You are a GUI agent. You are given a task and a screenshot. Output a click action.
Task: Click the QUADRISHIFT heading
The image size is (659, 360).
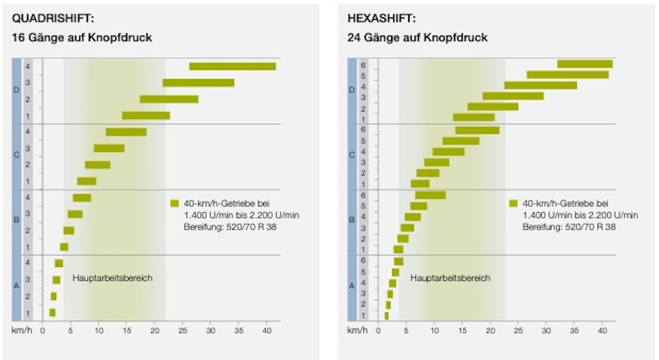[x=53, y=19]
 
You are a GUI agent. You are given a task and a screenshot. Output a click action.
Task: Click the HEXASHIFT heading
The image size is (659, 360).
[x=381, y=19]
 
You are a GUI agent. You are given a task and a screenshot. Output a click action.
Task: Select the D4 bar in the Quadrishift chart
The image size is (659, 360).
[x=232, y=66]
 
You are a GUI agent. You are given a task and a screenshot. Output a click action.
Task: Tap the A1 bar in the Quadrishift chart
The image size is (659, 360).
[x=53, y=312]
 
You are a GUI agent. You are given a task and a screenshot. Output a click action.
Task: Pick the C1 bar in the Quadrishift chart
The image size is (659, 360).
[x=86, y=181]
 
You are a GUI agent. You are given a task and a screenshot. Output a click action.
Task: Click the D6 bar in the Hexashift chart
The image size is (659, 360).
[x=585, y=64]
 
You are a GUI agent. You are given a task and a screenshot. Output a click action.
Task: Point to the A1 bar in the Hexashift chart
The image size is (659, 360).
[x=386, y=316]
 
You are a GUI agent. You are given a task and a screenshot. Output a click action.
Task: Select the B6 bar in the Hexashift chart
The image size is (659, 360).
[x=430, y=195]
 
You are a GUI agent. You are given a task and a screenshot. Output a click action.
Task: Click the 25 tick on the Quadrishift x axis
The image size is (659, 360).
[x=182, y=331]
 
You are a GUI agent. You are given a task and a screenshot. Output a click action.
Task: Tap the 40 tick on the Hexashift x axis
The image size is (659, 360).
[x=602, y=331]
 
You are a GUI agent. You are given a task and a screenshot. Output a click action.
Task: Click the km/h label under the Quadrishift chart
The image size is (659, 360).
[x=22, y=331]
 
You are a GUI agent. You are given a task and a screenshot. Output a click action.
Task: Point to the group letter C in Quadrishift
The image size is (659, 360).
[x=17, y=155]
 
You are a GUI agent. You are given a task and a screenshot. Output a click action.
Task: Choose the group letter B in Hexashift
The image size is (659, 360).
[x=352, y=220]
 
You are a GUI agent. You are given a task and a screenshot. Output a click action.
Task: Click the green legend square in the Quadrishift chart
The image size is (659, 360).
[x=175, y=204]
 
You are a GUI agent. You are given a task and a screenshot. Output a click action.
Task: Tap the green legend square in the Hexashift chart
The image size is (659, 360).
[x=513, y=204]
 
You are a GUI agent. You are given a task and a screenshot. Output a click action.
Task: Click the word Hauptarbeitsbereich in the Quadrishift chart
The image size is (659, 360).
[x=113, y=278]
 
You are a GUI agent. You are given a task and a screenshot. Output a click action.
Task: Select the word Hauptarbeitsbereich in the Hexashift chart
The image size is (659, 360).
[x=450, y=278]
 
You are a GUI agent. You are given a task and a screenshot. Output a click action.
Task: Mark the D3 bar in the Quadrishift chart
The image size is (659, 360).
[x=198, y=83]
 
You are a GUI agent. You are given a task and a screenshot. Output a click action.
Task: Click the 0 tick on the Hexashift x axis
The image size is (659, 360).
[x=378, y=331]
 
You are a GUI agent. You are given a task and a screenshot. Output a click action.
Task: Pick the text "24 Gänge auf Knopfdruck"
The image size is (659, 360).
[x=417, y=38]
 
